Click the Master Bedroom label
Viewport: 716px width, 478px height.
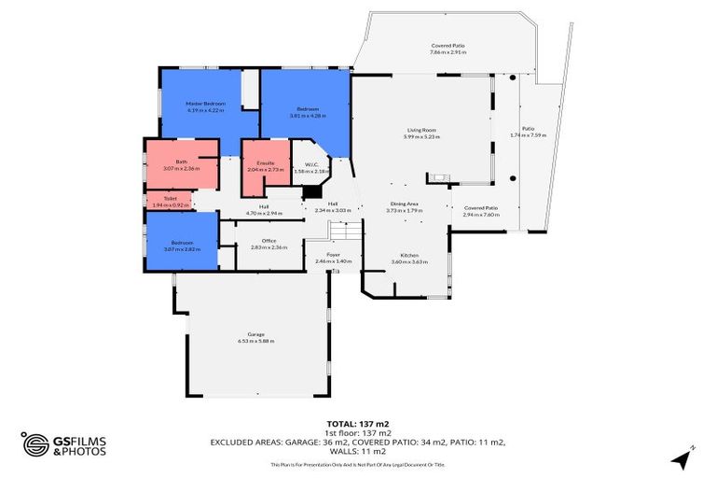(x=207, y=103)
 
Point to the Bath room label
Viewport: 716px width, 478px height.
(x=181, y=162)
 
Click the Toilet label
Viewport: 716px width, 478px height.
(x=171, y=198)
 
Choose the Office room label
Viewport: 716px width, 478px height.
(x=268, y=241)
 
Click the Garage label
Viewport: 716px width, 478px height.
(x=255, y=334)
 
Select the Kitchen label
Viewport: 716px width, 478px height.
(x=409, y=255)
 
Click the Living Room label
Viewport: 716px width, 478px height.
(x=422, y=130)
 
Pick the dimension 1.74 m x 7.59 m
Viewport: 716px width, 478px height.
(x=528, y=135)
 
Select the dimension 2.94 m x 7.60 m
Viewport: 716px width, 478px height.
(x=481, y=215)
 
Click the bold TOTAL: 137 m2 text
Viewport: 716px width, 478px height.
(x=357, y=423)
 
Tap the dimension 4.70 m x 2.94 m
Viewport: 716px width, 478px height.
(x=264, y=213)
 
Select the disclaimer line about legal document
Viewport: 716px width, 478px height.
(x=357, y=464)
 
